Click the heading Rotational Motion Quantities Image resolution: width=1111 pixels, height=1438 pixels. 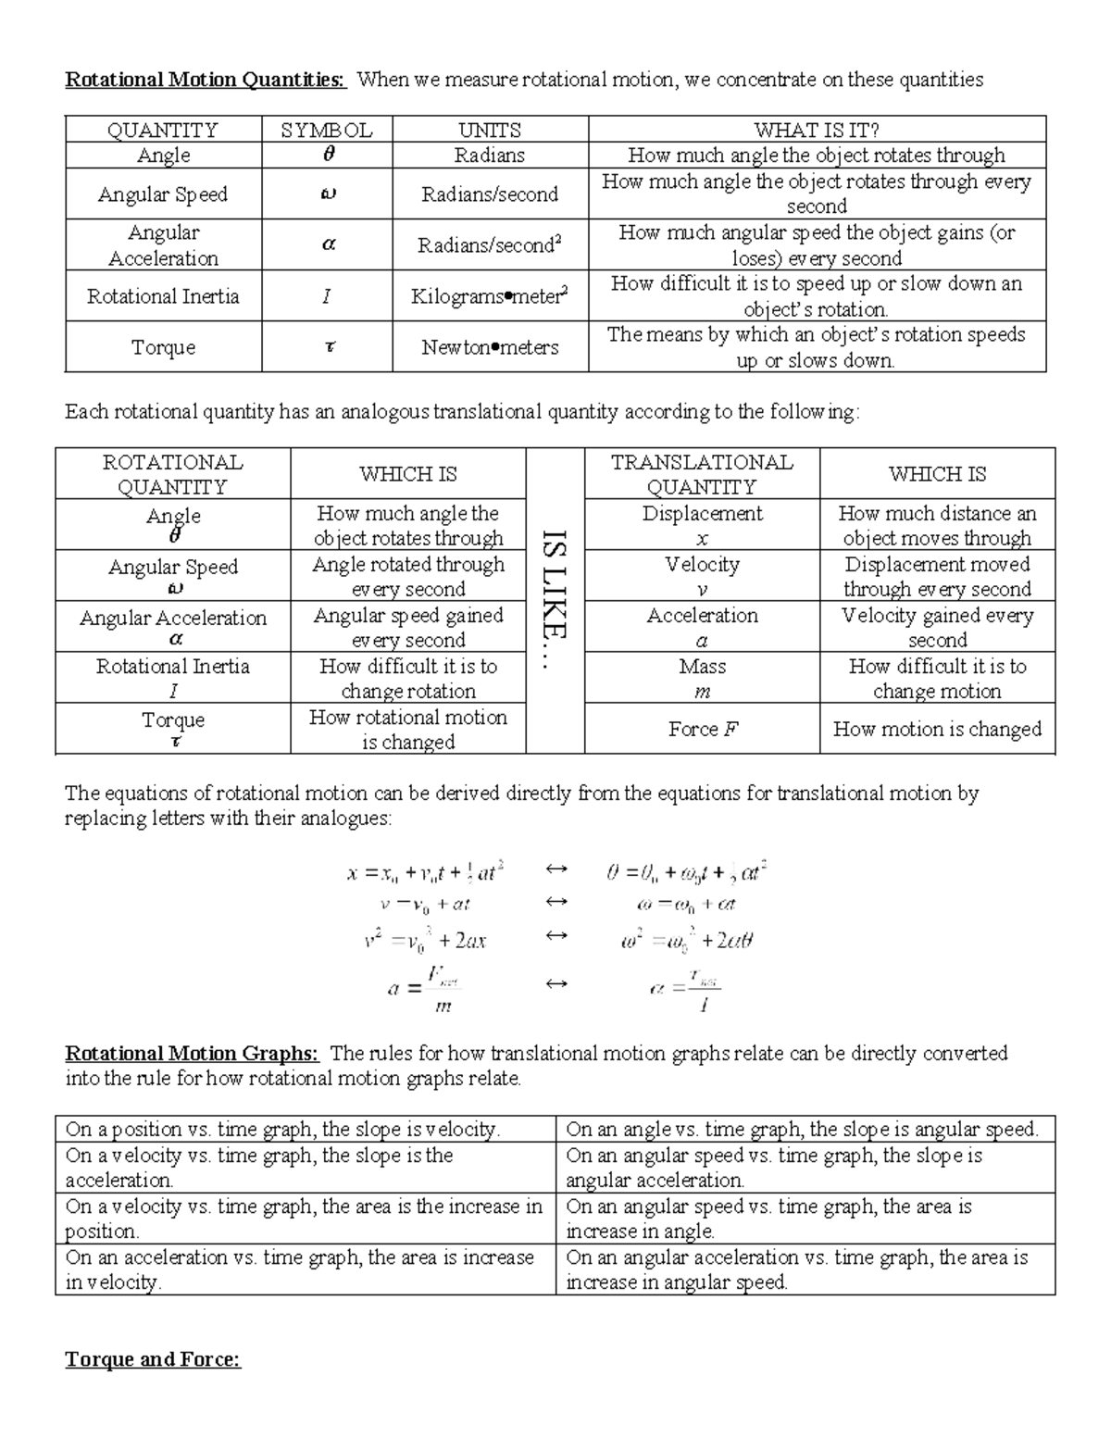click(x=205, y=80)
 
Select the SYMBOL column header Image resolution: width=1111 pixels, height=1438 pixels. click(x=326, y=131)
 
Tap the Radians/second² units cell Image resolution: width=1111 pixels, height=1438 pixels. click(x=490, y=245)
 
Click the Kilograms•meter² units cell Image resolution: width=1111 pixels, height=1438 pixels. click(x=490, y=296)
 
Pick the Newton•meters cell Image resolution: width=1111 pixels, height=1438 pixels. click(x=490, y=347)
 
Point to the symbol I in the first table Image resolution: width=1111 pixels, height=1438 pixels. click(x=326, y=296)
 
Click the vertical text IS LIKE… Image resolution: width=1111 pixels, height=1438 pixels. click(x=555, y=601)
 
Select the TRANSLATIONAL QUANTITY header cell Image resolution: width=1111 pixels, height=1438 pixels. click(x=702, y=474)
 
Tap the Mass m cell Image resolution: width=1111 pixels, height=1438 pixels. click(x=702, y=678)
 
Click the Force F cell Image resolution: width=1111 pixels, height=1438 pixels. click(x=702, y=729)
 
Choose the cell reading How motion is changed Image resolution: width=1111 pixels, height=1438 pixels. click(x=937, y=729)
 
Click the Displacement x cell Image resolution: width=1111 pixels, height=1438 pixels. click(x=702, y=525)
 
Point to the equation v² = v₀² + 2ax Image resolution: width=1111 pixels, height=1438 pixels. click(x=425, y=940)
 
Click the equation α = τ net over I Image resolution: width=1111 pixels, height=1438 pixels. click(x=685, y=987)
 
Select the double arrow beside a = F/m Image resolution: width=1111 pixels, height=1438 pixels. click(x=555, y=983)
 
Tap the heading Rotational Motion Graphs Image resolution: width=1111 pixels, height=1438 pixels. click(x=192, y=1054)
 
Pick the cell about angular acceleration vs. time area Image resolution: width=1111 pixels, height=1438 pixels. click(x=805, y=1269)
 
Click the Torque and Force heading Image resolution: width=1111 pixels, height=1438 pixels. click(x=153, y=1359)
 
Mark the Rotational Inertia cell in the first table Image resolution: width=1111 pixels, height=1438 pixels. click(x=163, y=296)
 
